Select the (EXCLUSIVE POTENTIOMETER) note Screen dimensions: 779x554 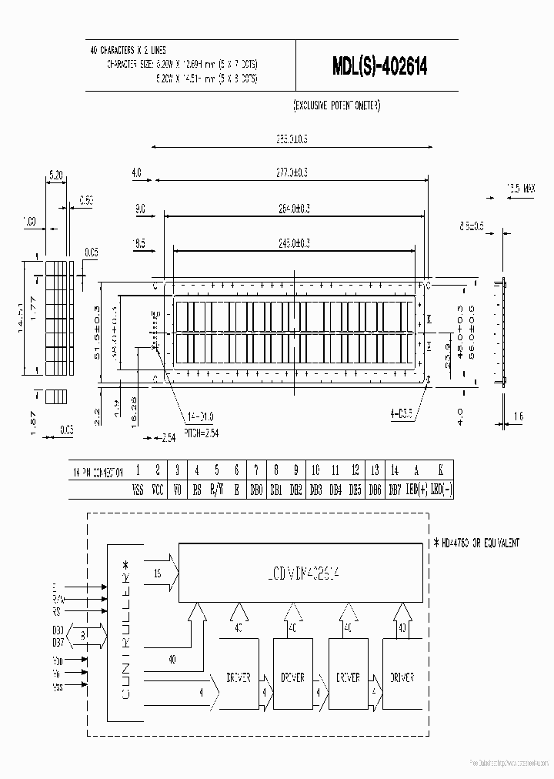(x=337, y=105)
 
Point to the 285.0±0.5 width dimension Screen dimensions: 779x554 (x=292, y=139)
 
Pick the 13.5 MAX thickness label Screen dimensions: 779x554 (x=521, y=187)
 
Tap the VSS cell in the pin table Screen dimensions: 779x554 (x=138, y=489)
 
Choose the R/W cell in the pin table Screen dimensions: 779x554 (x=217, y=489)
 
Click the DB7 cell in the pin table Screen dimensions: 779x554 (x=395, y=489)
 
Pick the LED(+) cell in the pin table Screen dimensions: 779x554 (x=416, y=489)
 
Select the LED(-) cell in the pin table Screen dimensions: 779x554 (x=441, y=489)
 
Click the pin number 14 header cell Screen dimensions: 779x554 (x=395, y=470)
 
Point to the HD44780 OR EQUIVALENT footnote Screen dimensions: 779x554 (x=477, y=543)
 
